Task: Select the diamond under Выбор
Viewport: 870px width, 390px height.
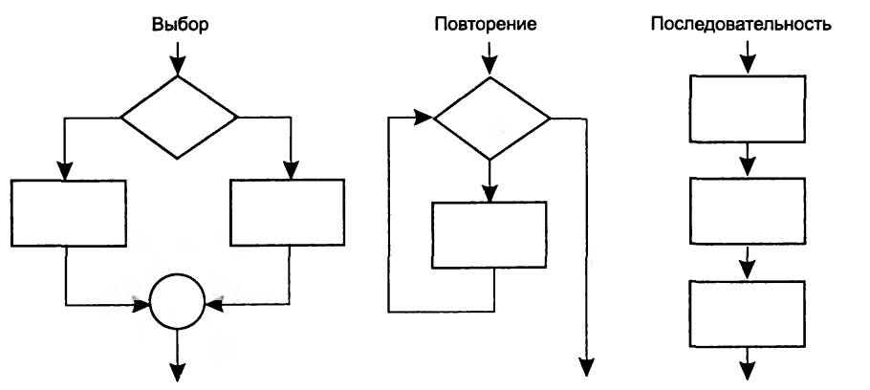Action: pos(179,118)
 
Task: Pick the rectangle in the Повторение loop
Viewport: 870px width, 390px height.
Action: pos(490,235)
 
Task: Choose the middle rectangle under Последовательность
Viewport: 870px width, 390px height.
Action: pos(747,210)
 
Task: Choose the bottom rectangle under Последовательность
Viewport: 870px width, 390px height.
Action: pos(747,313)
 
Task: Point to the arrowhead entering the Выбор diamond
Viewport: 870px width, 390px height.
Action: pos(179,67)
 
